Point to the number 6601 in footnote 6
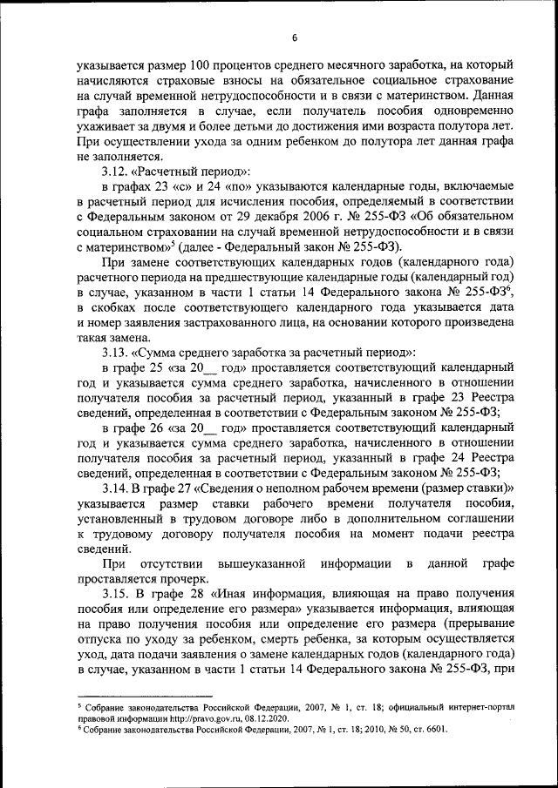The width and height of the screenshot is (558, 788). tap(432, 731)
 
